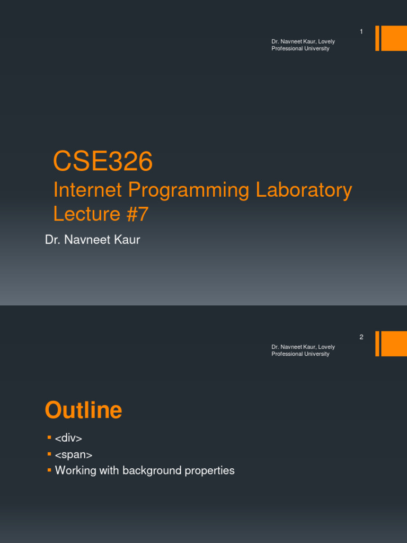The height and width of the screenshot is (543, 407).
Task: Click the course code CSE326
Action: coord(103,162)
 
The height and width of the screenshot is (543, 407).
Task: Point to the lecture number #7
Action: coord(137,214)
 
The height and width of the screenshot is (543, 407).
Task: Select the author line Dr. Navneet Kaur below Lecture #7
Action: coord(93,240)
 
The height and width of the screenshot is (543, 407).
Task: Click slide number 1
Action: coord(361,32)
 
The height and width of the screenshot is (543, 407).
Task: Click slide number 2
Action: coord(361,337)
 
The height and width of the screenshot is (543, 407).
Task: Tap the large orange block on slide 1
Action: coord(394,38)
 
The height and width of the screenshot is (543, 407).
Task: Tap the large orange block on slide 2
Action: coord(394,344)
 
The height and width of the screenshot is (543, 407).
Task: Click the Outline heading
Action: coord(83,410)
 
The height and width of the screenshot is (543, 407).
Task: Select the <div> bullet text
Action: coord(68,439)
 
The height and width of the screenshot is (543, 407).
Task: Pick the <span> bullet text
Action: coord(74,454)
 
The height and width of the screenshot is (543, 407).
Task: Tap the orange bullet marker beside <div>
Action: coord(49,437)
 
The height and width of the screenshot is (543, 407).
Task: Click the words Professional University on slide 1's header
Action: coord(300,49)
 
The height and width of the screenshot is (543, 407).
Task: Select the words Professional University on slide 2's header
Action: coord(300,354)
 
